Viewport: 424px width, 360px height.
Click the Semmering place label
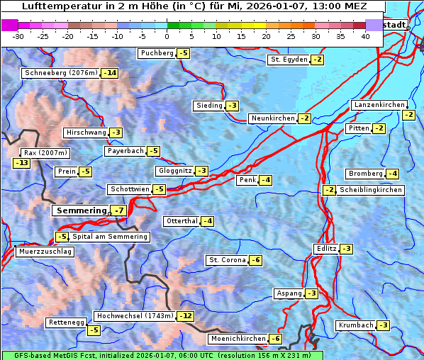click(81, 210)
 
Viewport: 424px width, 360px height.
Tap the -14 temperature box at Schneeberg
click(110, 73)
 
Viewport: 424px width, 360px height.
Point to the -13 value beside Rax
click(22, 163)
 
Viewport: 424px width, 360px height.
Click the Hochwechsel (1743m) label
click(134, 315)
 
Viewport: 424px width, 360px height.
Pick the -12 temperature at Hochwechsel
click(185, 315)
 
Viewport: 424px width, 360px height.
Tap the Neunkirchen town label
click(272, 118)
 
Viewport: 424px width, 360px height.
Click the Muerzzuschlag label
click(45, 252)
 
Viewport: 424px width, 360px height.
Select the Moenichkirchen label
click(234, 339)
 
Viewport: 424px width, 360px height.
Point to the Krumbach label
click(356, 325)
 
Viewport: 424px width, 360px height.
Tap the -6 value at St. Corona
click(256, 260)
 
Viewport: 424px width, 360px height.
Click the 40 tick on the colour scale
click(365, 36)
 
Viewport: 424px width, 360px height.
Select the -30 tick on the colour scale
click(18, 36)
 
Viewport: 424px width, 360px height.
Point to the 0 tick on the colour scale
click(167, 36)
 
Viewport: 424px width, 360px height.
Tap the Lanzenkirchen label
click(379, 105)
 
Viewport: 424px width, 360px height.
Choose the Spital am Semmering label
click(110, 237)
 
